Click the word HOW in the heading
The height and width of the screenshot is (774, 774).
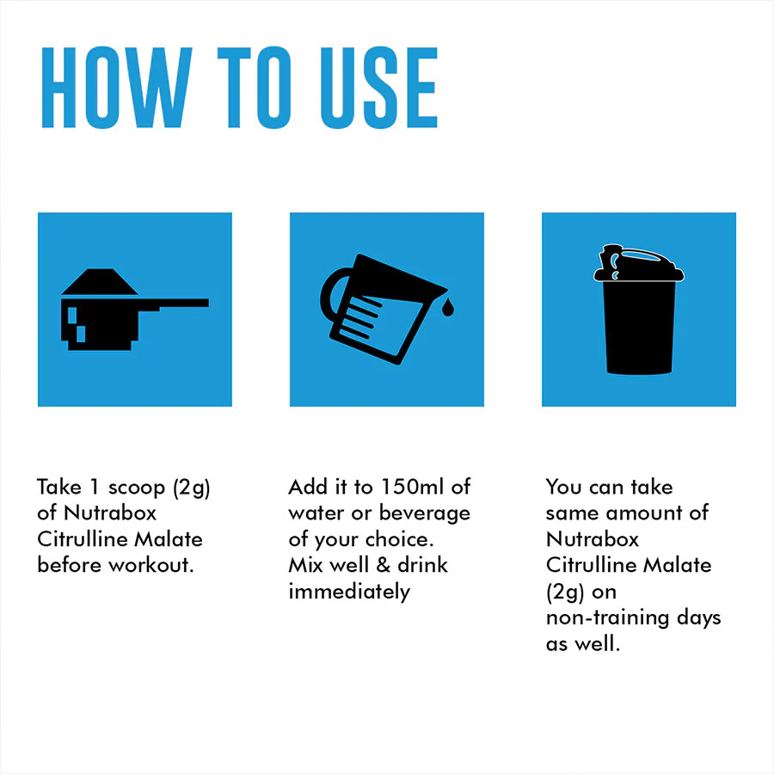116,88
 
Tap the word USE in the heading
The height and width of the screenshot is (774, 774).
378,88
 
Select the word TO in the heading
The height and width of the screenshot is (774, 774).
255,88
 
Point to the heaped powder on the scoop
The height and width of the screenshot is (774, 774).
100,281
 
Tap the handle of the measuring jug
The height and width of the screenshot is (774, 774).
332,295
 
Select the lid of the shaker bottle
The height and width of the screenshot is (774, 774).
638,264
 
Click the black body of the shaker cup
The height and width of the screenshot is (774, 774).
639,328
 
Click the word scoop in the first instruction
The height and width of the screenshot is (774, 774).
137,488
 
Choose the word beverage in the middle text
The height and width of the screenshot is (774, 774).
425,514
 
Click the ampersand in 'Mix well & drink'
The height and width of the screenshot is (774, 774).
383,565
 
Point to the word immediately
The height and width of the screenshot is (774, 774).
349,592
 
